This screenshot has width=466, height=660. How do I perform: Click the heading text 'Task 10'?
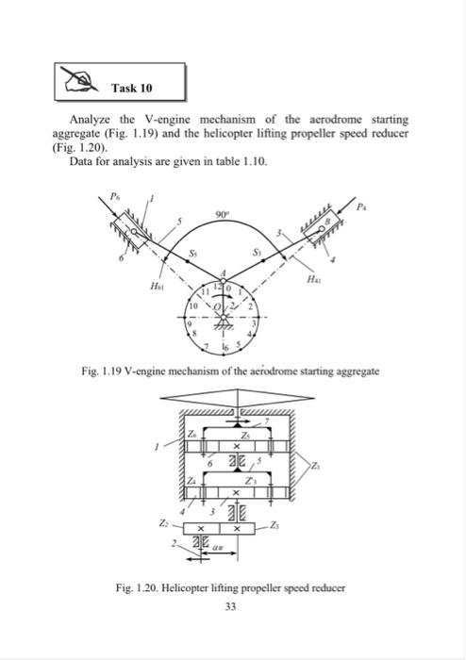click(x=132, y=88)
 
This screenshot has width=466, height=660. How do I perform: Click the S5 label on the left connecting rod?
click(x=194, y=253)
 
